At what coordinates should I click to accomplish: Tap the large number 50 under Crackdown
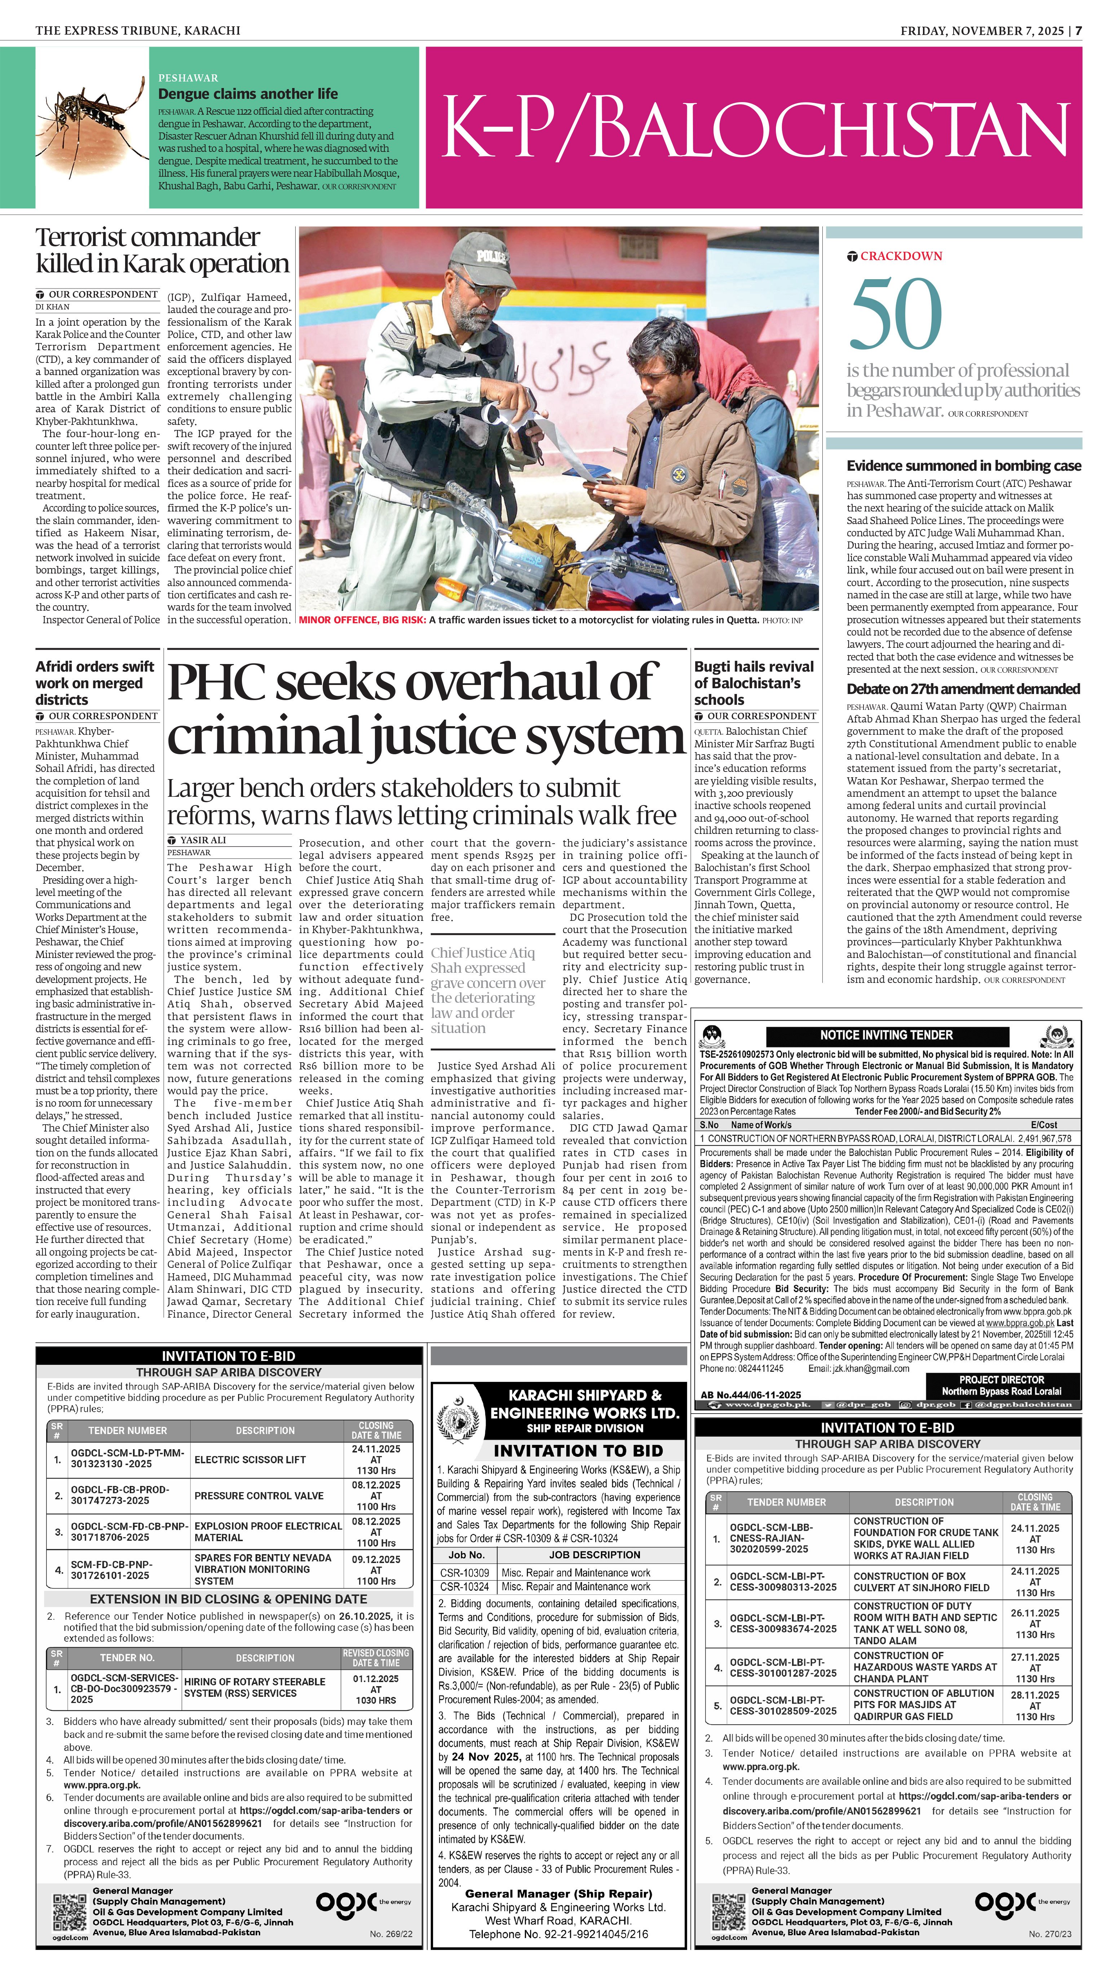(x=895, y=315)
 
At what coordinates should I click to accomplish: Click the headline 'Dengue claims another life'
(x=247, y=94)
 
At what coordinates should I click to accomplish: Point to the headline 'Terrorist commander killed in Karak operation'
(x=162, y=250)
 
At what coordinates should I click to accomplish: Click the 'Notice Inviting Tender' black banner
(x=886, y=1035)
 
